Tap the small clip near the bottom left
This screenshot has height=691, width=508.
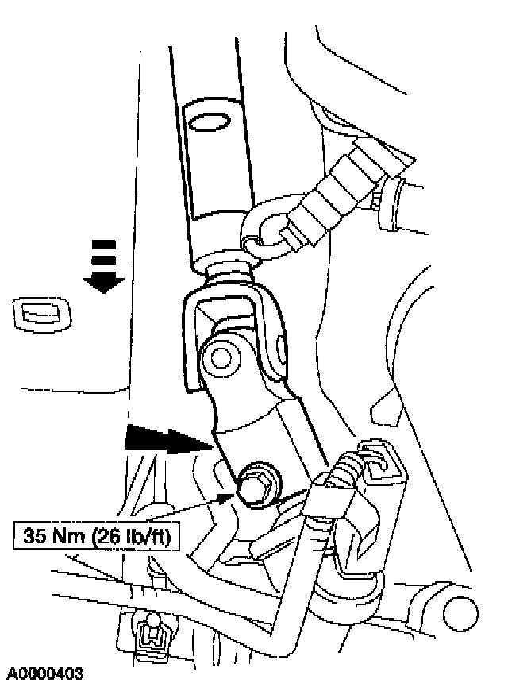[x=149, y=633]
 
